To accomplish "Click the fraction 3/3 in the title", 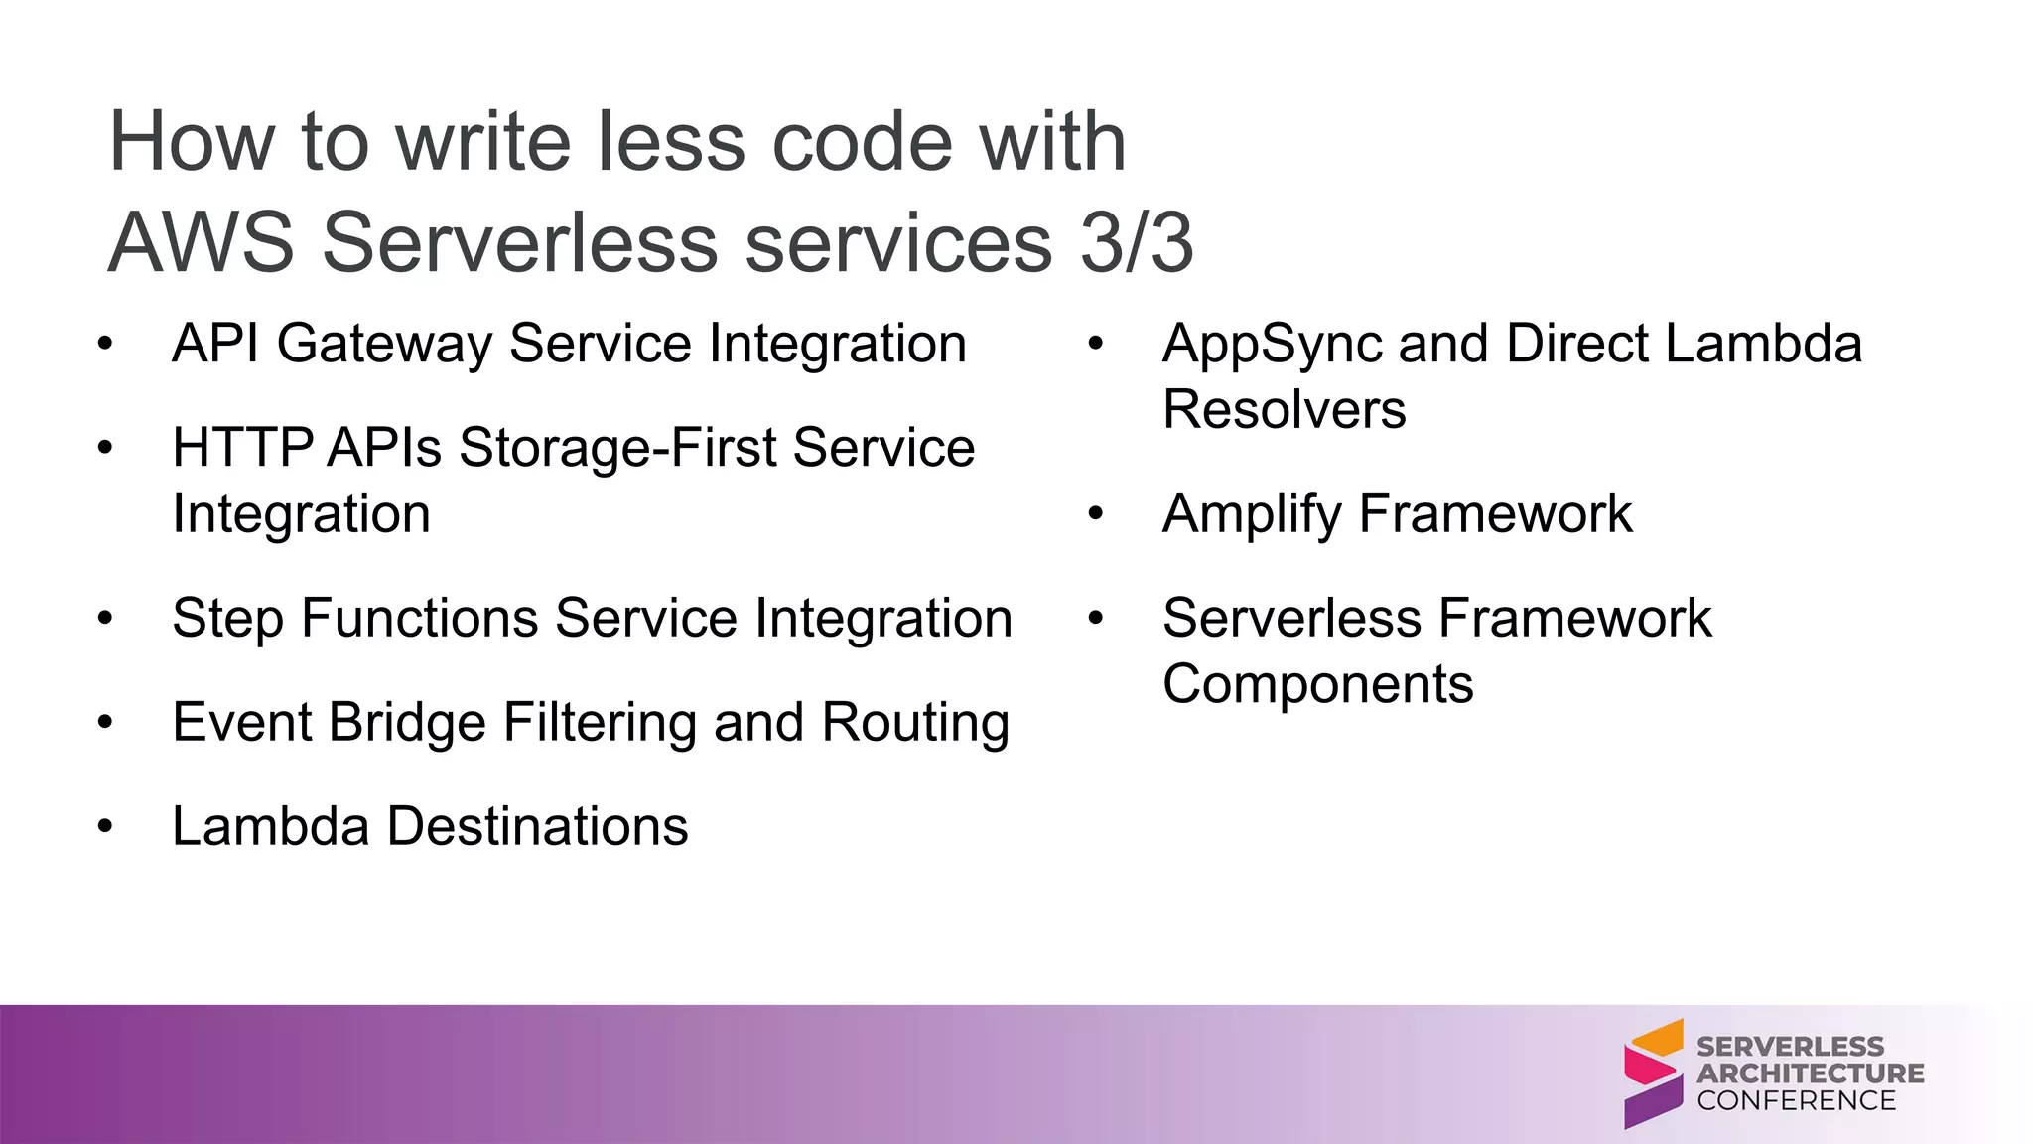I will point(1137,243).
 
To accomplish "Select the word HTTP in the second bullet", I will point(242,447).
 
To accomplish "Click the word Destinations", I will point(537,826).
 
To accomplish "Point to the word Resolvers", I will point(1284,409).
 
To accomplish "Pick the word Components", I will point(1317,685).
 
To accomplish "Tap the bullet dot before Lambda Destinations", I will point(105,827).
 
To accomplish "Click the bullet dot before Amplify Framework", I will point(1096,514).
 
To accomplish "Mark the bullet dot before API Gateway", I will point(105,345).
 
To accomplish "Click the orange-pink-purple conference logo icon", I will point(1653,1073).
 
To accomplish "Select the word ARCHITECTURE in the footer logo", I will point(1810,1073).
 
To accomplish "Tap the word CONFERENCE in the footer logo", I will point(1796,1100).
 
